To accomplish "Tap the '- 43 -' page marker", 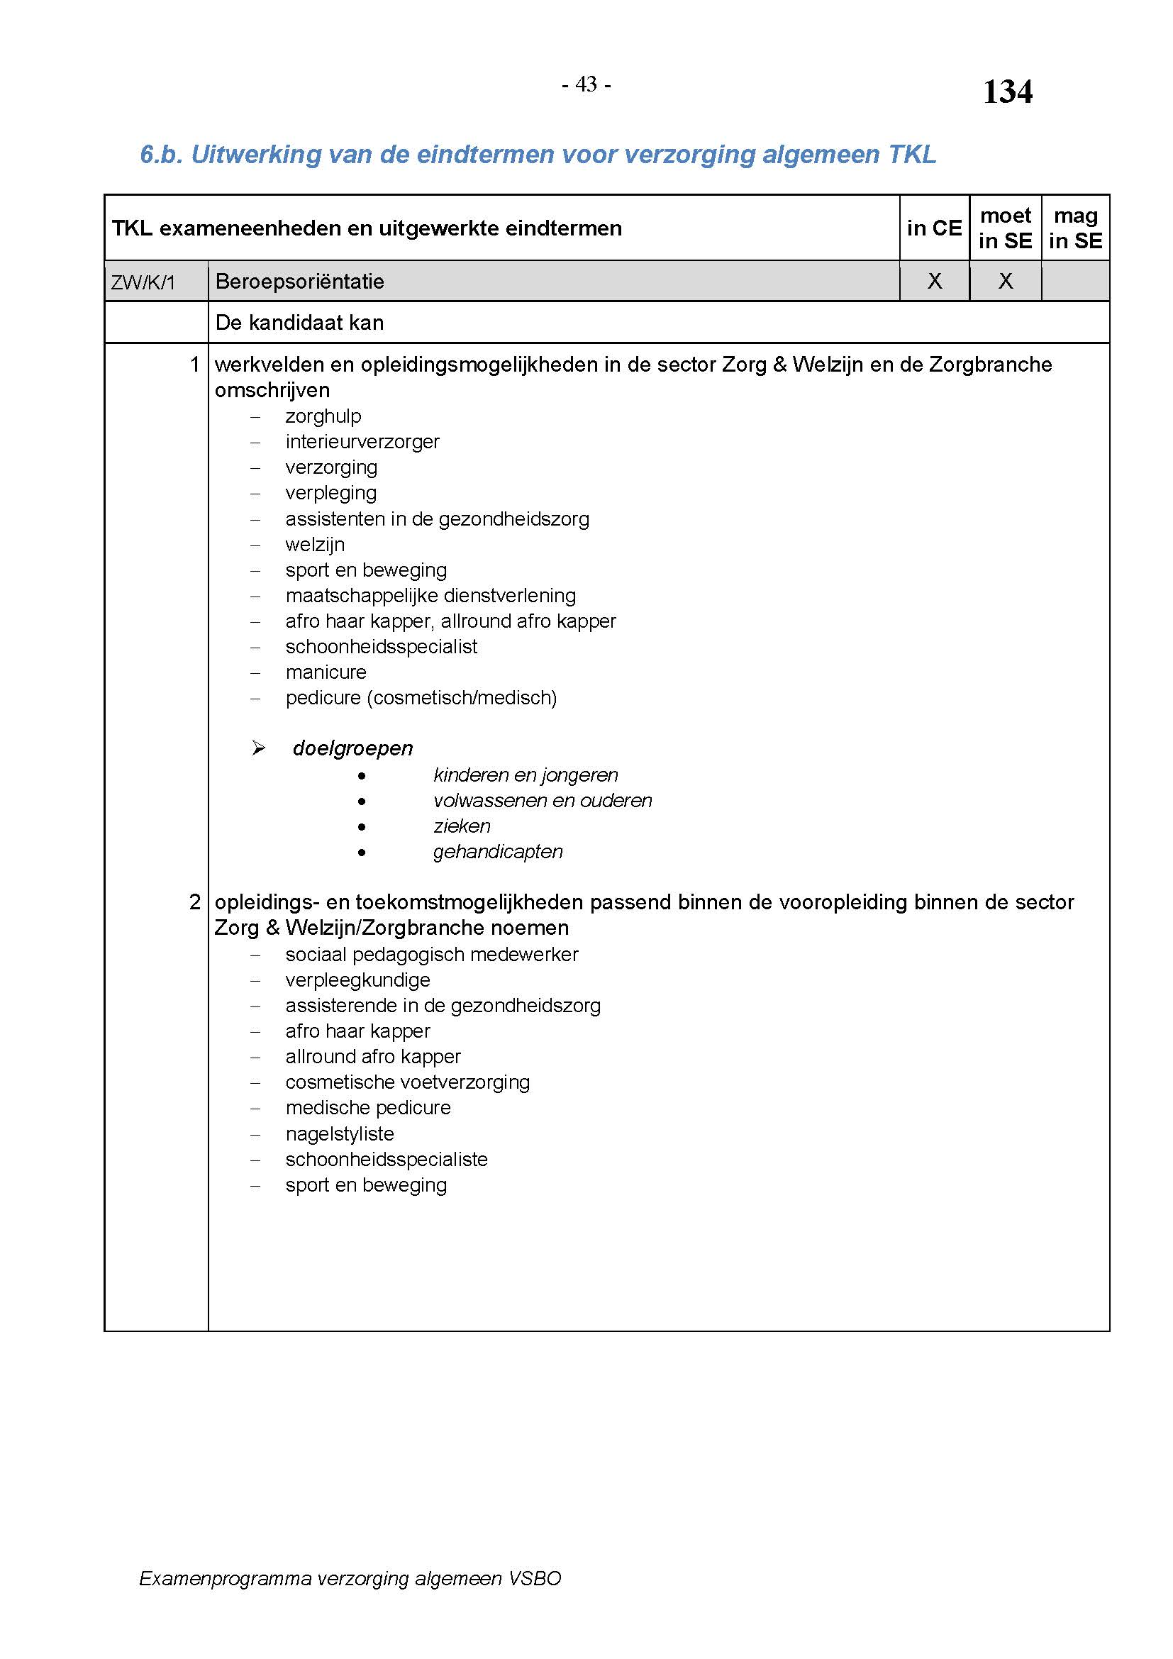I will click(586, 85).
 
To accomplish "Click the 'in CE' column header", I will click(934, 228).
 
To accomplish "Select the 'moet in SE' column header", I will click(1005, 228).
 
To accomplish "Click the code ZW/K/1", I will click(143, 282).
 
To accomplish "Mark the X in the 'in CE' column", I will click(934, 281).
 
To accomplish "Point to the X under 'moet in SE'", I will click(1005, 281).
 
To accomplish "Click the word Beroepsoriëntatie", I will click(300, 282).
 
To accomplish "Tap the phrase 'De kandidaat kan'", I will click(299, 323).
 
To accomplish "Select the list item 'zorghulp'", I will click(323, 416).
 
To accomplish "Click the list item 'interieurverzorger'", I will click(362, 441).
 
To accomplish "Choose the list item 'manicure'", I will click(326, 672).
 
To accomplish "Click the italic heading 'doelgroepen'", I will click(352, 748).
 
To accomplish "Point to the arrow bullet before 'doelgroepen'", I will click(259, 748).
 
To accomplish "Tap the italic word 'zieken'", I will click(462, 826).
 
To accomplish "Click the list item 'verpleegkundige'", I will click(357, 980).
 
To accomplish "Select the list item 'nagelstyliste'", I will click(340, 1133).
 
